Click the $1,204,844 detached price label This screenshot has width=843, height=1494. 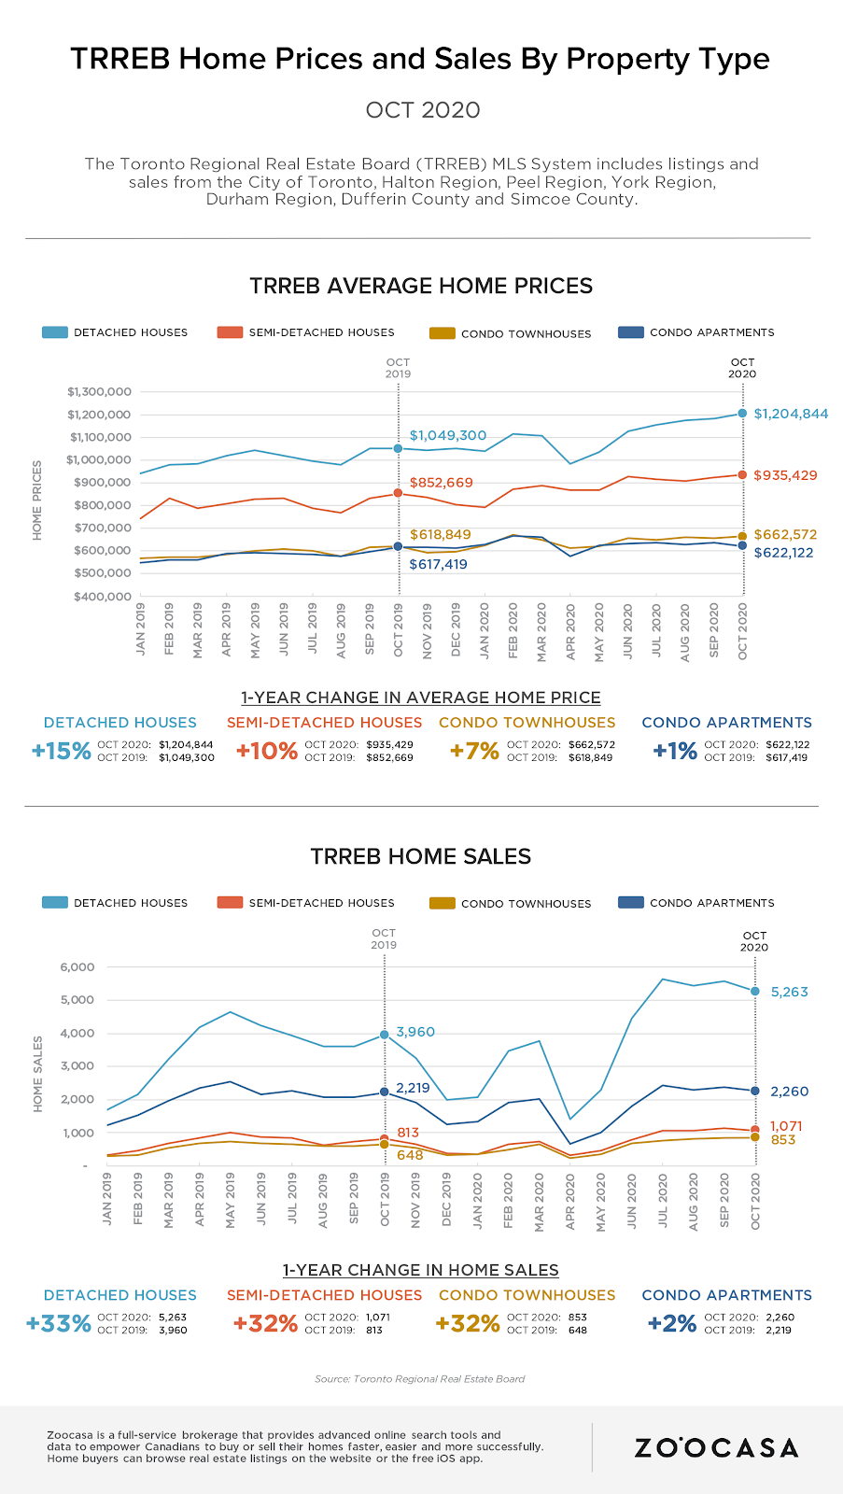coord(791,414)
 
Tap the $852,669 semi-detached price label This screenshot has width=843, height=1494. coord(441,483)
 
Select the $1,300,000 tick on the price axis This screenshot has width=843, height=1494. coord(98,391)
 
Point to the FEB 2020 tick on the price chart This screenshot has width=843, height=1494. coord(513,630)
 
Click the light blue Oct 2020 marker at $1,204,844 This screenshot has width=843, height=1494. coord(743,413)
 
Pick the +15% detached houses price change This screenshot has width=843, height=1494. coord(62,752)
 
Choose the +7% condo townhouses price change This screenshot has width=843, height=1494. coord(474,752)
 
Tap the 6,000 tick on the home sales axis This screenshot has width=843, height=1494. coord(77,966)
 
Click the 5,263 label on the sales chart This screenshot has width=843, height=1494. coord(789,992)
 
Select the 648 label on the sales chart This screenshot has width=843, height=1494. coord(410,1155)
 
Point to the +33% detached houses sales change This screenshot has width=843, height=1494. coord(59,1323)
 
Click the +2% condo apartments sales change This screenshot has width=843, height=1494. coord(672,1323)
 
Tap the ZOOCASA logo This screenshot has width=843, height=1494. coord(716,1447)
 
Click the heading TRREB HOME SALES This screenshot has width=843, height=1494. coord(421,856)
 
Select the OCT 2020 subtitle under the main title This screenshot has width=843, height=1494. coord(423,110)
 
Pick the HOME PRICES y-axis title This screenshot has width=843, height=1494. coord(37,500)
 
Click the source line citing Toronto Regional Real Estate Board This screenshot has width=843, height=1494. coord(420,1378)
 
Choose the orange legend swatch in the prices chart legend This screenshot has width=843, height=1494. coord(230,332)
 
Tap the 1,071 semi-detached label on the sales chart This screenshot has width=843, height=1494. coord(786,1126)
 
